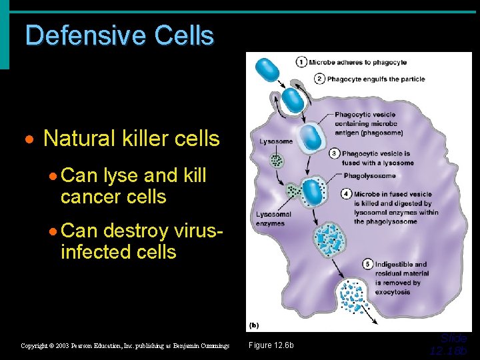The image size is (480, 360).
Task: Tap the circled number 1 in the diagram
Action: click(x=302, y=63)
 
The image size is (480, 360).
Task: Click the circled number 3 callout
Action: click(x=335, y=153)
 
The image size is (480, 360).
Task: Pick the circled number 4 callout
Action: click(x=346, y=194)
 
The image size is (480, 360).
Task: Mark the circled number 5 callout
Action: click(x=367, y=264)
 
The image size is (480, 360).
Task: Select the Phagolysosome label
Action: click(x=369, y=176)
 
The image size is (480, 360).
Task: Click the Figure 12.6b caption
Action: click(x=271, y=345)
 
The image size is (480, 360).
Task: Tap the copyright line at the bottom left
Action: click(x=125, y=345)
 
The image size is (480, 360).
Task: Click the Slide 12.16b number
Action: click(x=449, y=345)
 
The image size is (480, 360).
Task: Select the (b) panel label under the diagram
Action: click(x=253, y=325)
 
